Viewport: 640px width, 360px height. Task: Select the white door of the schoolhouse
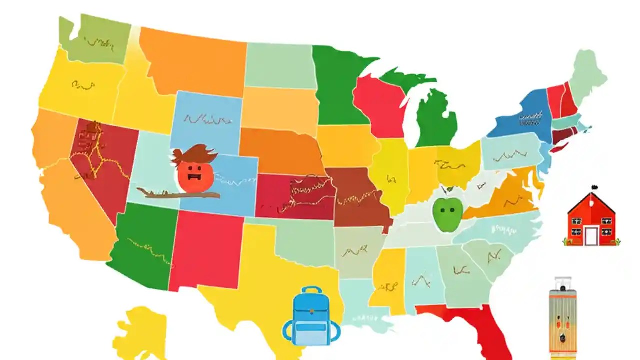coord(591,236)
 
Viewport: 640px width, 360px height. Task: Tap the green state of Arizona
coord(142,245)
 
